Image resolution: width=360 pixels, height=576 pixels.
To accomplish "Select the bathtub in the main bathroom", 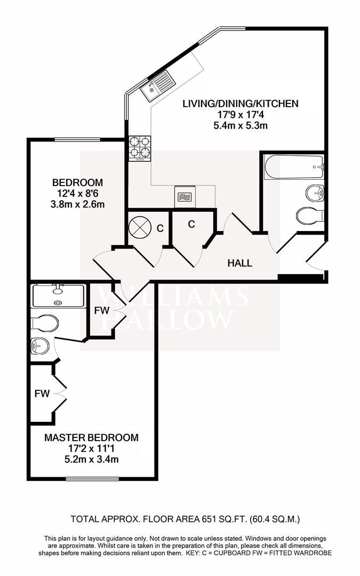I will point(293,167).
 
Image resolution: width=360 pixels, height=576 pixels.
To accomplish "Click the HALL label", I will point(239,263).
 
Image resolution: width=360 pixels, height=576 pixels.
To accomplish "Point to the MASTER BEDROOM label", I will point(91,438).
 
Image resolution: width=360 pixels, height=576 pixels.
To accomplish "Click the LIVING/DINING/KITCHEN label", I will point(240,103).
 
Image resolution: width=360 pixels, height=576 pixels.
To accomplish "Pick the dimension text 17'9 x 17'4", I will point(240,115).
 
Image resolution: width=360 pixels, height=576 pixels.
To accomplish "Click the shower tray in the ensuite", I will point(58,295).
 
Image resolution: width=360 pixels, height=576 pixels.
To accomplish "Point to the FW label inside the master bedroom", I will point(42,394).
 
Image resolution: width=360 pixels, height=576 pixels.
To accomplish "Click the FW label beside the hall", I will point(101,310).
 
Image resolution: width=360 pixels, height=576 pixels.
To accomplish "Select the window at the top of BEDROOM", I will point(77,140).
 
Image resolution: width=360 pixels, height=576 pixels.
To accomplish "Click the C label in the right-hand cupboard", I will point(191,225).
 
